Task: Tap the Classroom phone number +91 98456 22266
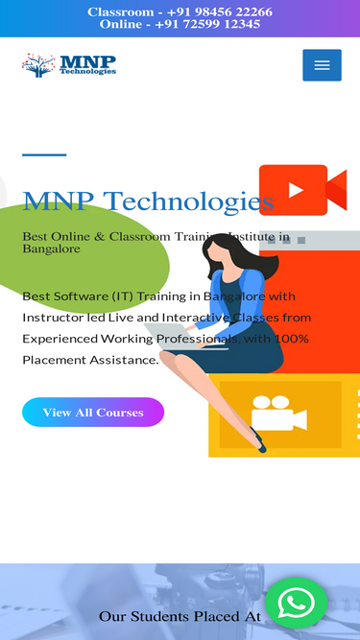coord(220,12)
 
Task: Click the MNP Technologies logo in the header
coord(69,65)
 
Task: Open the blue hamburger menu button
coord(322,65)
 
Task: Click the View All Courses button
coord(93,412)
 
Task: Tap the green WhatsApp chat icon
coord(296,602)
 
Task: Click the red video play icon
coord(296,190)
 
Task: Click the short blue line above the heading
coord(44,154)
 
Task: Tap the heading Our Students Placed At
coord(180,616)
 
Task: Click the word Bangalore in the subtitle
coord(51,249)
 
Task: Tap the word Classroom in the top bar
coord(119,12)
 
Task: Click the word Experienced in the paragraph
coord(60,339)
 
